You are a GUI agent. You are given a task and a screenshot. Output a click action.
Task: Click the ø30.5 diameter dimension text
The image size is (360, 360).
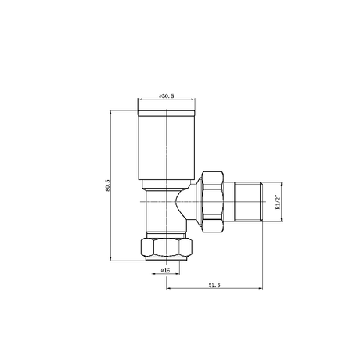click(165, 95)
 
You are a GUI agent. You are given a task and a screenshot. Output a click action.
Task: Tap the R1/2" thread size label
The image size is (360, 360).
click(279, 205)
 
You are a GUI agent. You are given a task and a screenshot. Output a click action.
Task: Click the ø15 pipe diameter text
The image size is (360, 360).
click(165, 271)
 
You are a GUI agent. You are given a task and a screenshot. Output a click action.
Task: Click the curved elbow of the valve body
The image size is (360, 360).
click(185, 205)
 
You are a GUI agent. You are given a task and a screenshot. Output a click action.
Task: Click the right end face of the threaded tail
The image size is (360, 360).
click(261, 205)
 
